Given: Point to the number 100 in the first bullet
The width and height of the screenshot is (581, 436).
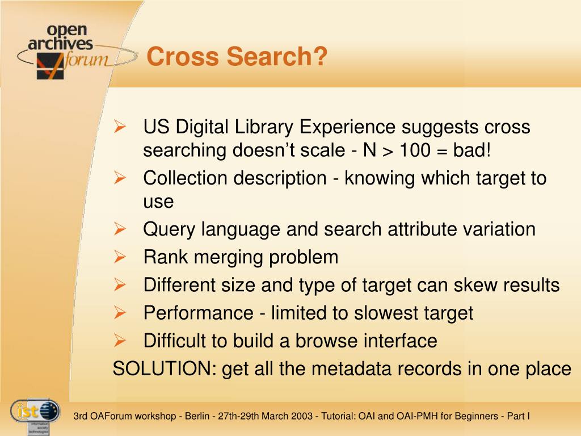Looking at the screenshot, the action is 415,150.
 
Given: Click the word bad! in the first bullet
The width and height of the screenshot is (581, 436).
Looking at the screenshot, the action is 471,150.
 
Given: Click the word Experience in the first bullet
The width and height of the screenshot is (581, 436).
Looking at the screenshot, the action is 348,127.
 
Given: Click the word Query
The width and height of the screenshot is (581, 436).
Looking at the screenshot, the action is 169,229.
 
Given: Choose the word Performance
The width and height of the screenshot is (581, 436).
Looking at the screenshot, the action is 198,313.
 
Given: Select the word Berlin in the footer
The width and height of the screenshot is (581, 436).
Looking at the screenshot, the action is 197,416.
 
